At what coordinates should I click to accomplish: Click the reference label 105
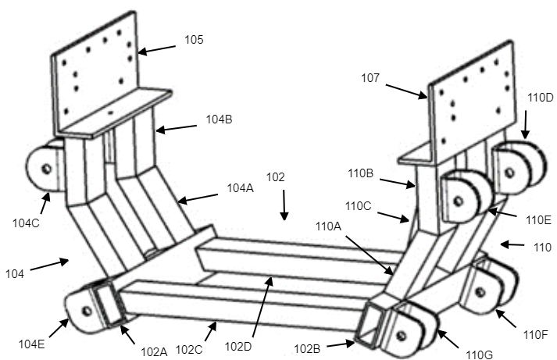tap(194, 39)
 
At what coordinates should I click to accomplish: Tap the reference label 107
tap(370, 78)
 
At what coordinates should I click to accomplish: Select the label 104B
tap(220, 119)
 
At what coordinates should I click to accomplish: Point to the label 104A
tap(241, 188)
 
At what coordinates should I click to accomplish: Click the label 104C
tap(26, 223)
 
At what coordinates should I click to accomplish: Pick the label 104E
tap(31, 344)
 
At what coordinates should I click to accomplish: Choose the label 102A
tap(154, 351)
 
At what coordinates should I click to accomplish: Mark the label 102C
tap(189, 350)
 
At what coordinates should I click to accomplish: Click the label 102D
tap(238, 346)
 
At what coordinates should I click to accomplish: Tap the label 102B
tap(307, 349)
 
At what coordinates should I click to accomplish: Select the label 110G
tap(479, 355)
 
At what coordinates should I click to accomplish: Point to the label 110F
tap(536, 334)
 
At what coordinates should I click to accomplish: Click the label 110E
tap(538, 219)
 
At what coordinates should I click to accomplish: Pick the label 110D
tap(541, 98)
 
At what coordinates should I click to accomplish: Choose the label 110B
tap(361, 173)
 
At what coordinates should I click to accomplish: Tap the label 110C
tap(358, 205)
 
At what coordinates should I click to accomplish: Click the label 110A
tap(328, 226)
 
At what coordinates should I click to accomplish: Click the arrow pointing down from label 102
tap(284, 205)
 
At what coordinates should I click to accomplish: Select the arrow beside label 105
tap(157, 50)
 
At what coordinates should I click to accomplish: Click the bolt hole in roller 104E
tap(87, 312)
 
